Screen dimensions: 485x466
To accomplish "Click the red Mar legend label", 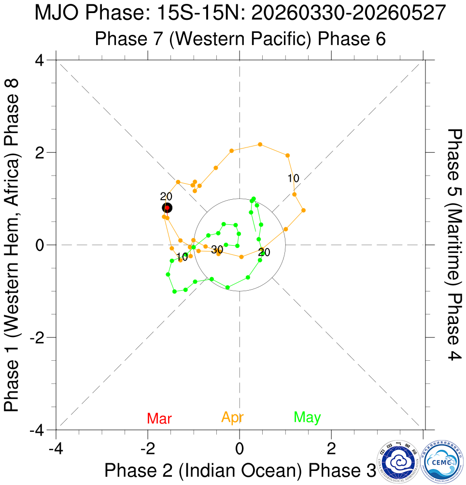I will point(159,418).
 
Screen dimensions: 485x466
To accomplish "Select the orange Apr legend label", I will point(232,417).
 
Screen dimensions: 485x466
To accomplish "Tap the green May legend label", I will point(307,417).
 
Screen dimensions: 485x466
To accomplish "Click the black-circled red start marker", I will point(167,208).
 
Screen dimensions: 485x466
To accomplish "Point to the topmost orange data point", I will point(260,144).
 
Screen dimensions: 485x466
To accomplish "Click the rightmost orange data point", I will point(303,210).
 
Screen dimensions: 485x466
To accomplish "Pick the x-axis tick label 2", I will point(331,448).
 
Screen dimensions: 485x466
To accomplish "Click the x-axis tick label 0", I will point(239,448).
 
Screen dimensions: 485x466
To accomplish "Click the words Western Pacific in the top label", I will point(240,39).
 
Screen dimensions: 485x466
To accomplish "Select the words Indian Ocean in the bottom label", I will point(240,470).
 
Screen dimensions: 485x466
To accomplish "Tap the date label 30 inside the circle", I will point(217,250).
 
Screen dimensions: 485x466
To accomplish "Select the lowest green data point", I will point(174,292).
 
